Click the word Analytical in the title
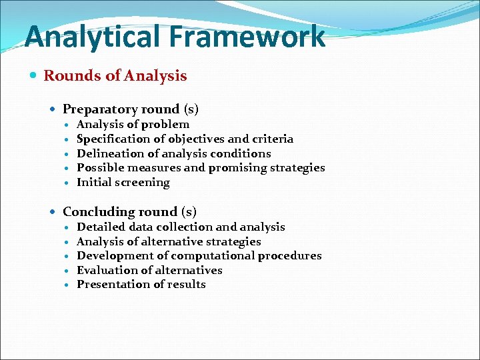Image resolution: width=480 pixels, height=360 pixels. (x=88, y=37)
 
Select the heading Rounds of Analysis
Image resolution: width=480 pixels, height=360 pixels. (x=115, y=75)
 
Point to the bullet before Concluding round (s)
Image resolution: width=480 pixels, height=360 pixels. (x=54, y=212)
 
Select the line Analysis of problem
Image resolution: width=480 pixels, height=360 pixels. (x=133, y=124)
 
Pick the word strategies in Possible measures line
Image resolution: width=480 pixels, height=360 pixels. (x=297, y=168)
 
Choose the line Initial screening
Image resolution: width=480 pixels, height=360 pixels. (x=123, y=182)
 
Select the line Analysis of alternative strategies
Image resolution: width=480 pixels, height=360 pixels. (x=169, y=241)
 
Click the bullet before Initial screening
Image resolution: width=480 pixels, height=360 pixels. (x=67, y=183)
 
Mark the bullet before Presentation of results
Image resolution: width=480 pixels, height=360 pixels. (x=67, y=285)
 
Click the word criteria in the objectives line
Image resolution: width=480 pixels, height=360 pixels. (x=272, y=139)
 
